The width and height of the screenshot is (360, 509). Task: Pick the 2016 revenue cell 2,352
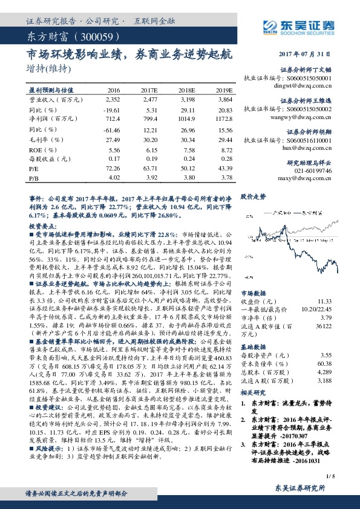pyautogui.click(x=113, y=98)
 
